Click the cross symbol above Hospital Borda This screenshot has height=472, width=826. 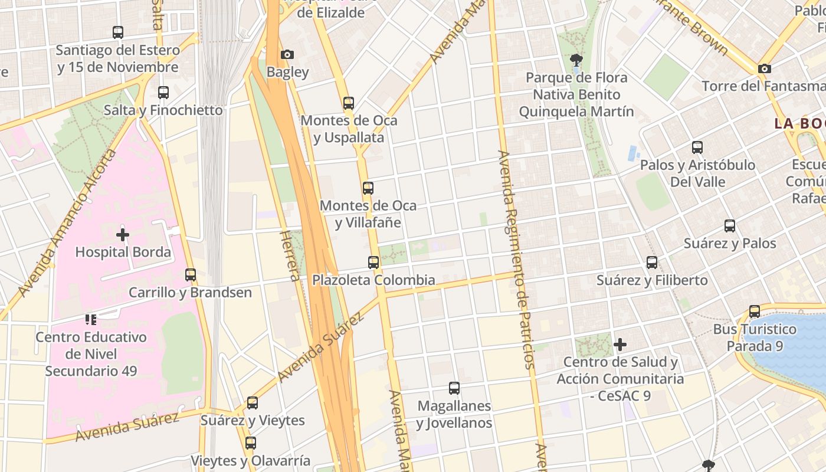click(x=123, y=235)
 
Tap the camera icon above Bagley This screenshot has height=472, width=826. click(x=287, y=55)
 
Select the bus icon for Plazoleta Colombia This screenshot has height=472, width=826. click(x=373, y=263)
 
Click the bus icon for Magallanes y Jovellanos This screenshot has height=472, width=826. click(x=454, y=388)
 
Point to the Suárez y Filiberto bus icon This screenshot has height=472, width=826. click(x=652, y=263)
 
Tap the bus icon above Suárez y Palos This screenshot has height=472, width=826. click(x=730, y=226)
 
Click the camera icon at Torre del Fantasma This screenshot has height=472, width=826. click(x=765, y=69)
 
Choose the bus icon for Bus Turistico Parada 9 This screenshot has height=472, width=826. click(x=755, y=312)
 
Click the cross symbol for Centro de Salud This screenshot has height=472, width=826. click(x=620, y=345)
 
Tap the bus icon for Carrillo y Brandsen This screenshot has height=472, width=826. click(x=191, y=275)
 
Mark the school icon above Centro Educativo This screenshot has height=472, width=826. click(x=90, y=320)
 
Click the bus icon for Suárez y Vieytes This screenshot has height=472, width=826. click(x=253, y=403)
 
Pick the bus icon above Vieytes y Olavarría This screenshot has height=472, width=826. click(x=251, y=443)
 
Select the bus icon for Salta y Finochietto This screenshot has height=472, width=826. click(x=163, y=93)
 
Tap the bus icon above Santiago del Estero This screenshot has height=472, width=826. click(x=118, y=32)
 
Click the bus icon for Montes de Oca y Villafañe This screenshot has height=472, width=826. click(x=368, y=188)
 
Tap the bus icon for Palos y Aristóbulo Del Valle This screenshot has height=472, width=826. click(x=697, y=147)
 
